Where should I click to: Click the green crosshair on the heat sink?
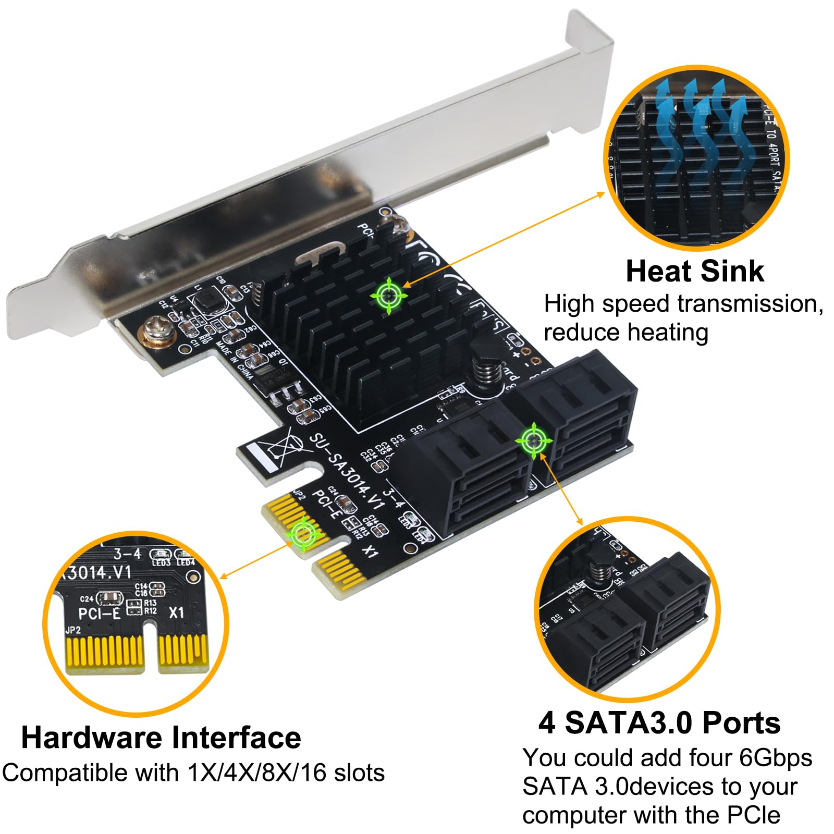(389, 296)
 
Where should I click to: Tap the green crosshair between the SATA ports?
(533, 441)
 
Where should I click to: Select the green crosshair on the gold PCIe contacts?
(303, 533)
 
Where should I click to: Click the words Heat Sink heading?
(694, 272)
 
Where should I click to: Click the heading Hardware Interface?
(161, 738)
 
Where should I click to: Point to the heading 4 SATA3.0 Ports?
(659, 723)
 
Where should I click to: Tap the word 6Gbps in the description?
(776, 758)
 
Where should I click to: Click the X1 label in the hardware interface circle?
(177, 612)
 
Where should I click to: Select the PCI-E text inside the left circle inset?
(99, 614)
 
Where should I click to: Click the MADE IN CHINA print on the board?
(234, 360)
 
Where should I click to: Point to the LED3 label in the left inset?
(161, 562)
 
